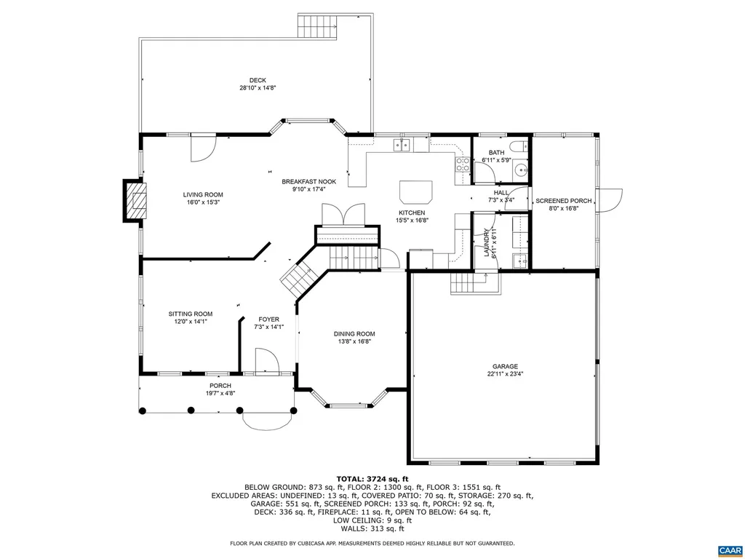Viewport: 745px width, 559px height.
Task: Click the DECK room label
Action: point(258,80)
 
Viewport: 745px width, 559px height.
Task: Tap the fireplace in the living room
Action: point(135,199)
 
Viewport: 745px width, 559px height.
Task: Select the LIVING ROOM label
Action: point(203,194)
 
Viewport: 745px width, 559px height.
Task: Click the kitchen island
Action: point(415,192)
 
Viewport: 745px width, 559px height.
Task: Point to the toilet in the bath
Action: point(517,146)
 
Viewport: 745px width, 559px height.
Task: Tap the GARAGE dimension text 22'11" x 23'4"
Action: point(505,374)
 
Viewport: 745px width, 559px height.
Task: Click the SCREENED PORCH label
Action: point(564,201)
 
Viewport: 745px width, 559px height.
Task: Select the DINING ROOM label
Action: point(355,334)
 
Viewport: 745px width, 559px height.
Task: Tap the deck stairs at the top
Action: point(317,26)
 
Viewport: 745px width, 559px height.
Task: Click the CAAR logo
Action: point(728,549)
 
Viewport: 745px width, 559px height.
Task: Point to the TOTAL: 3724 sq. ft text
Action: point(372,478)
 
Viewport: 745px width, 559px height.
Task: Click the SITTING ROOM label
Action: point(191,314)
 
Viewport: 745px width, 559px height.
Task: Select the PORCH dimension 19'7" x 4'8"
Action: point(220,393)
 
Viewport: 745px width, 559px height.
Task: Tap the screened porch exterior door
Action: point(610,200)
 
